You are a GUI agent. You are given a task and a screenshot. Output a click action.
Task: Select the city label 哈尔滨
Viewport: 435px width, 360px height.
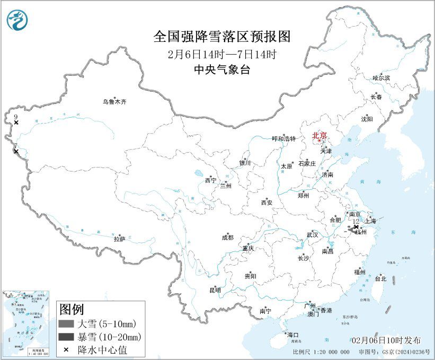380,78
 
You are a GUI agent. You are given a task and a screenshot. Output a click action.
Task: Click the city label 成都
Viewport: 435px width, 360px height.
228,238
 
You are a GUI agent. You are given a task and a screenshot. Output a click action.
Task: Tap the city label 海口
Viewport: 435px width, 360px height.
292,335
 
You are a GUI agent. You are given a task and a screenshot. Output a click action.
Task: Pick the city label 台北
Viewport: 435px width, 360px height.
380,278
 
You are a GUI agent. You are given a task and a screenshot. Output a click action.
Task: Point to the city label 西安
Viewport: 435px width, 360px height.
267,202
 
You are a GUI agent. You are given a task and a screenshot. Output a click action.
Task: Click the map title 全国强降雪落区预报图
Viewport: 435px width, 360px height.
222,36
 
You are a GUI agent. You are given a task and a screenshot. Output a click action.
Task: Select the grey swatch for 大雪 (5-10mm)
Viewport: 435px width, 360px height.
66,324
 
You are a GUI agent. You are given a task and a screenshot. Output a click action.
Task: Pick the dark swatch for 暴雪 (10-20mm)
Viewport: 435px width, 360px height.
66,337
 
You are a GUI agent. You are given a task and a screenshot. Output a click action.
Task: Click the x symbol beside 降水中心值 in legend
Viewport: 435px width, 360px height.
65,349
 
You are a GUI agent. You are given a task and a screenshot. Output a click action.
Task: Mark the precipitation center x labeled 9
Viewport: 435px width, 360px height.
16,122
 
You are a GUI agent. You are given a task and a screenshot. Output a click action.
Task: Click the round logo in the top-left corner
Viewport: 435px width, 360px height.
17,20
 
